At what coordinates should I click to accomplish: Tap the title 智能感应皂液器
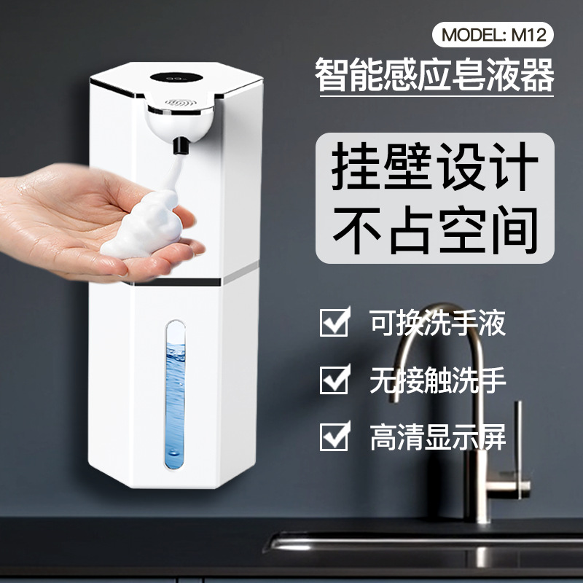[x=434, y=76]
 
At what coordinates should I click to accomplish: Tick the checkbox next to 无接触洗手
[x=334, y=380]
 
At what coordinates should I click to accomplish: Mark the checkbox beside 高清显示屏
[x=334, y=437]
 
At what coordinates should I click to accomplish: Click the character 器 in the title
[x=537, y=76]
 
